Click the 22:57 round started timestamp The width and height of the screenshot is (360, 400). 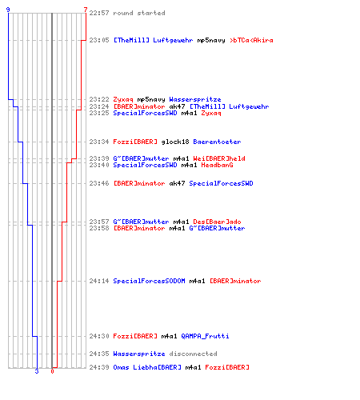99,13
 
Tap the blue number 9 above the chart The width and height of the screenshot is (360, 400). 8,10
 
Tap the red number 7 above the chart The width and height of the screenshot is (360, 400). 86,10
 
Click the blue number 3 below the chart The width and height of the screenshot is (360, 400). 37,371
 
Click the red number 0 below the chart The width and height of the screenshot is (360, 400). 52,371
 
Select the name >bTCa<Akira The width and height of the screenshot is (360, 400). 251,40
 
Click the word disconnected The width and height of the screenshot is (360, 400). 193,354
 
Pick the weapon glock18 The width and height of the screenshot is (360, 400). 175,142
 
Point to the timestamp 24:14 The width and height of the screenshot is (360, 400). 99,281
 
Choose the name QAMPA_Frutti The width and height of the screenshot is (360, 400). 205,336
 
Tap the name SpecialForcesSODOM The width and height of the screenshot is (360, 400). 149,281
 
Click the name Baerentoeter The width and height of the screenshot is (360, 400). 217,142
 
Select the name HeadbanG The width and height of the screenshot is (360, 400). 217,165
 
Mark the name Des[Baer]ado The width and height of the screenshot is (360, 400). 217,222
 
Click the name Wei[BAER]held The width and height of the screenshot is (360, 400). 219,158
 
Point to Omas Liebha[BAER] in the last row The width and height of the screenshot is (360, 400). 147,367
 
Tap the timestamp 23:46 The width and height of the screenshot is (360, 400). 99,183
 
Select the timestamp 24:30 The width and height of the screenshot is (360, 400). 99,336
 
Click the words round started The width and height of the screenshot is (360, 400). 139,13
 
